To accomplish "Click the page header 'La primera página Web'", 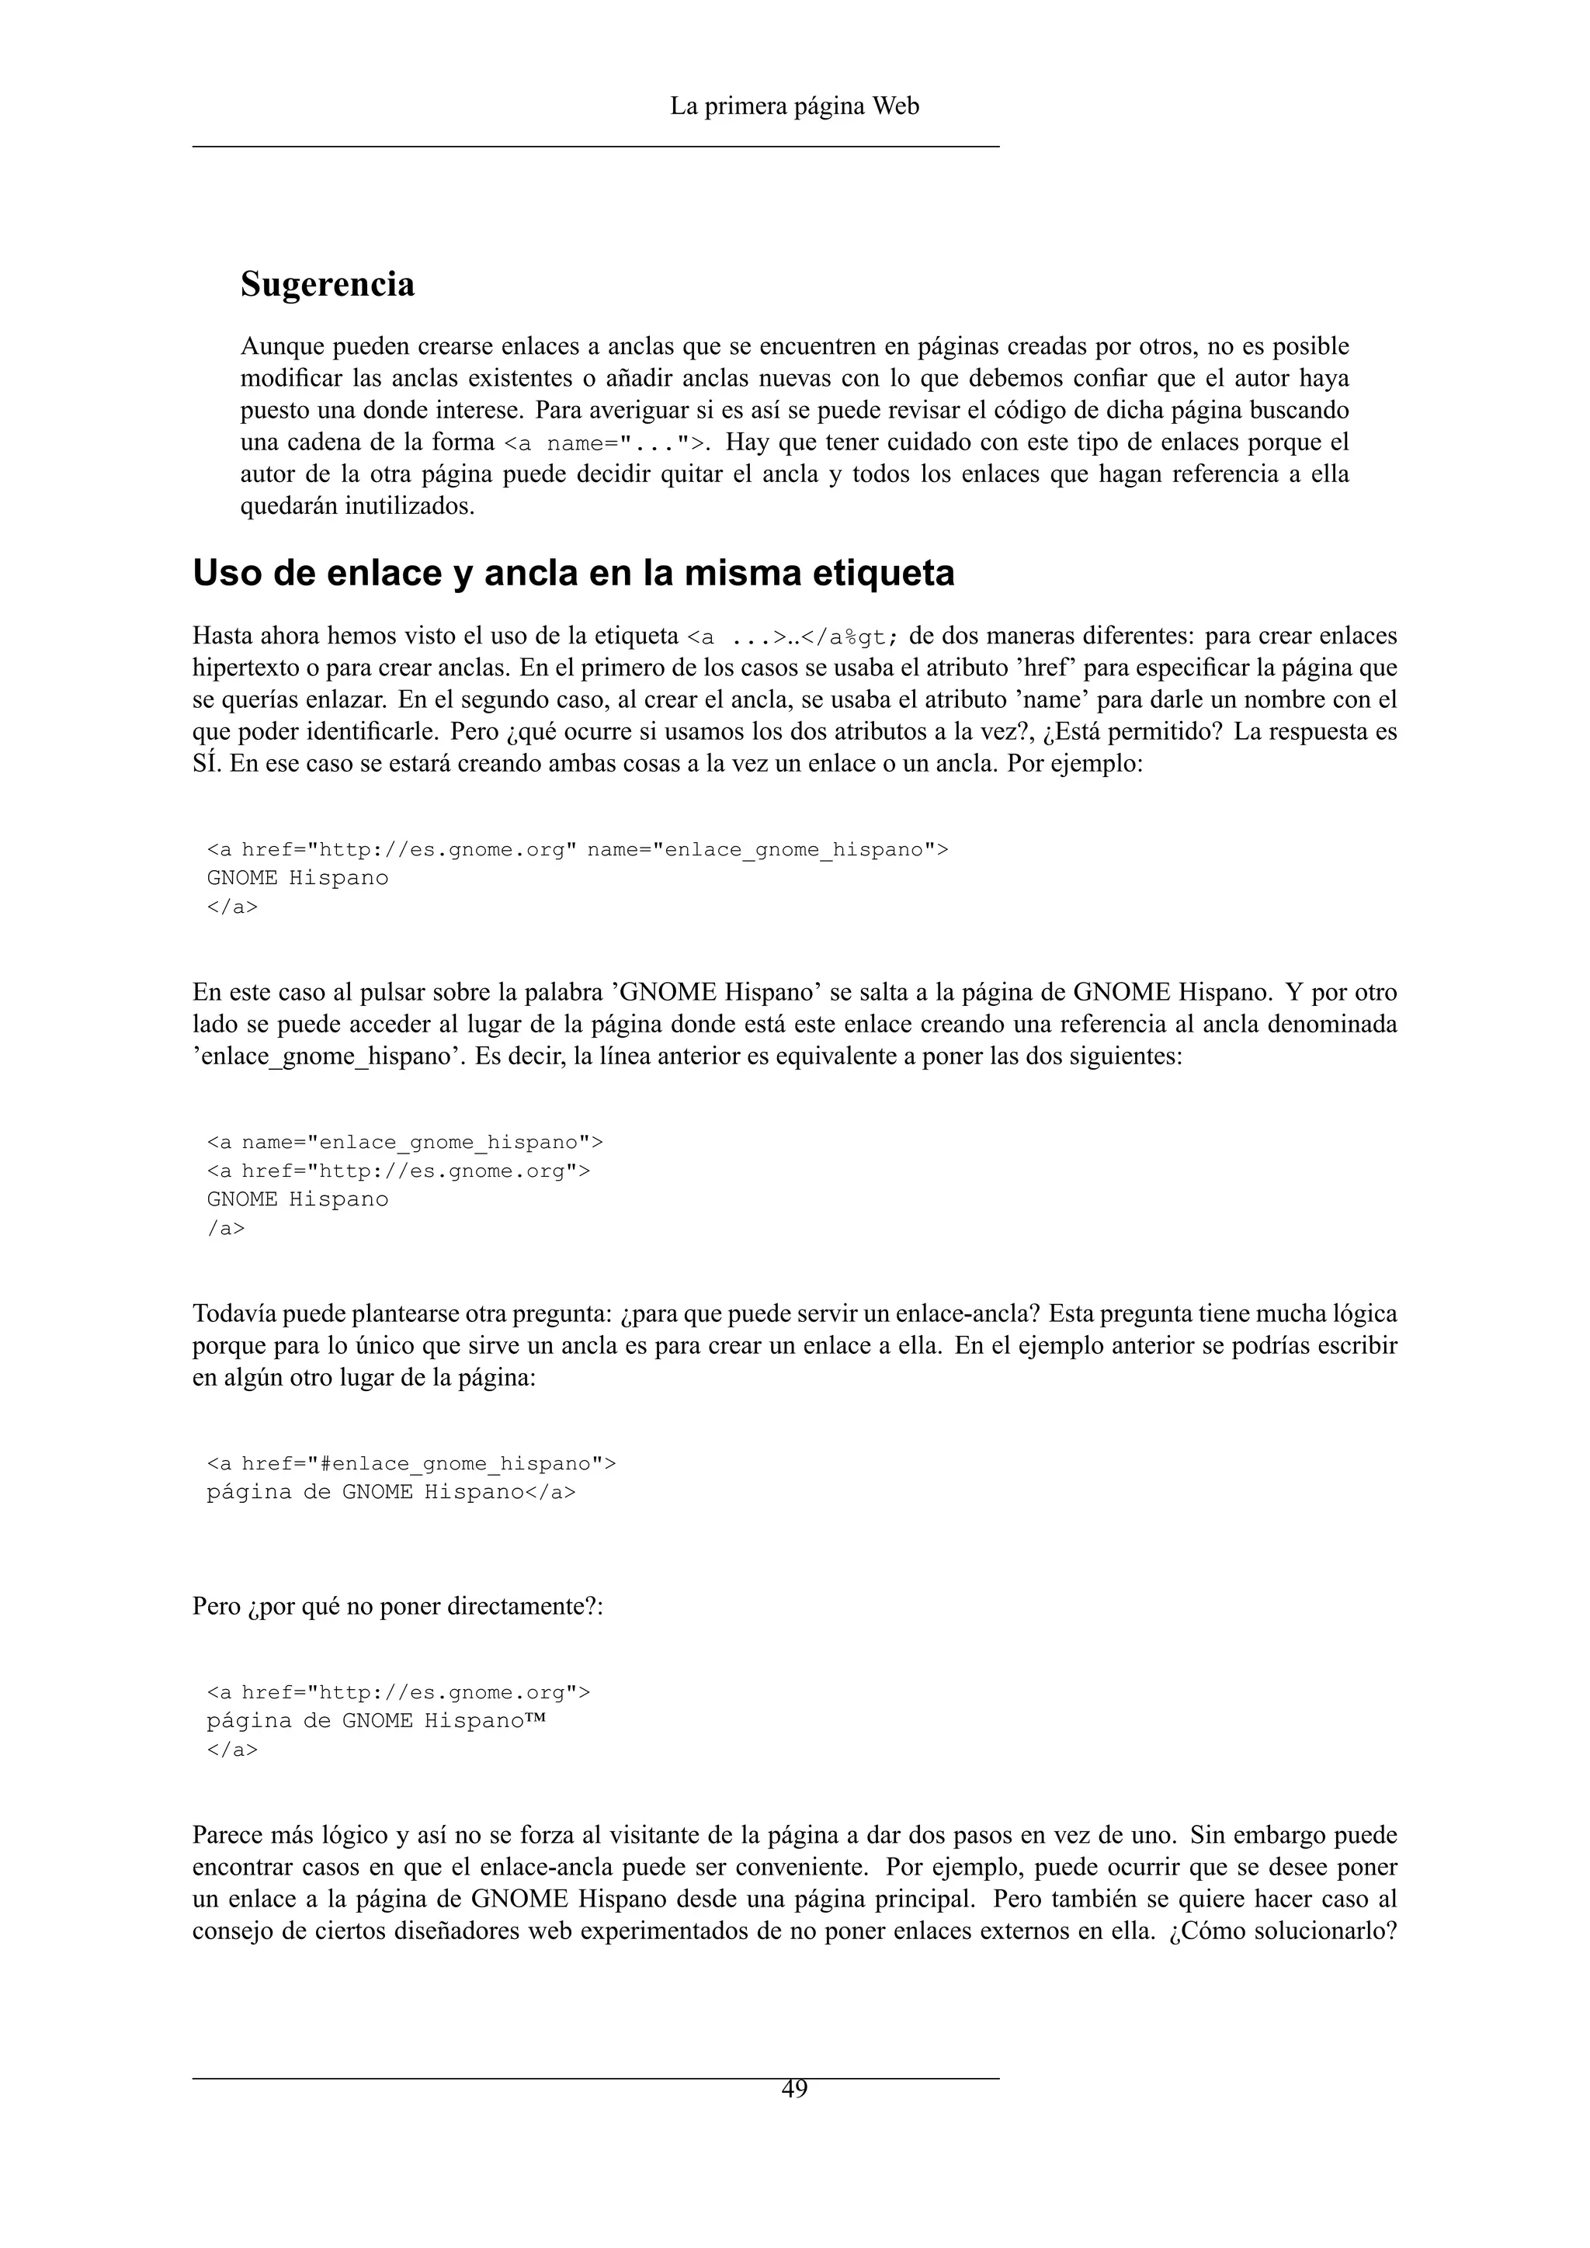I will [794, 106].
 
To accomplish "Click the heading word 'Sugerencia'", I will [327, 284].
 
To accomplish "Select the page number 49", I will [794, 2088].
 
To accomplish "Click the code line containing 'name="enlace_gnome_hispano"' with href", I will [577, 849].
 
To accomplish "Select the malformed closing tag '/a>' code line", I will [225, 1228].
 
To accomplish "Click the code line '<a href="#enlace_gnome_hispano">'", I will [411, 1464].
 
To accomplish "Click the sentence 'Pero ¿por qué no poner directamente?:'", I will [397, 1607].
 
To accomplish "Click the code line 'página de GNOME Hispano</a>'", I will [391, 1492].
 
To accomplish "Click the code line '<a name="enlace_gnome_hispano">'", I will [404, 1143].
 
